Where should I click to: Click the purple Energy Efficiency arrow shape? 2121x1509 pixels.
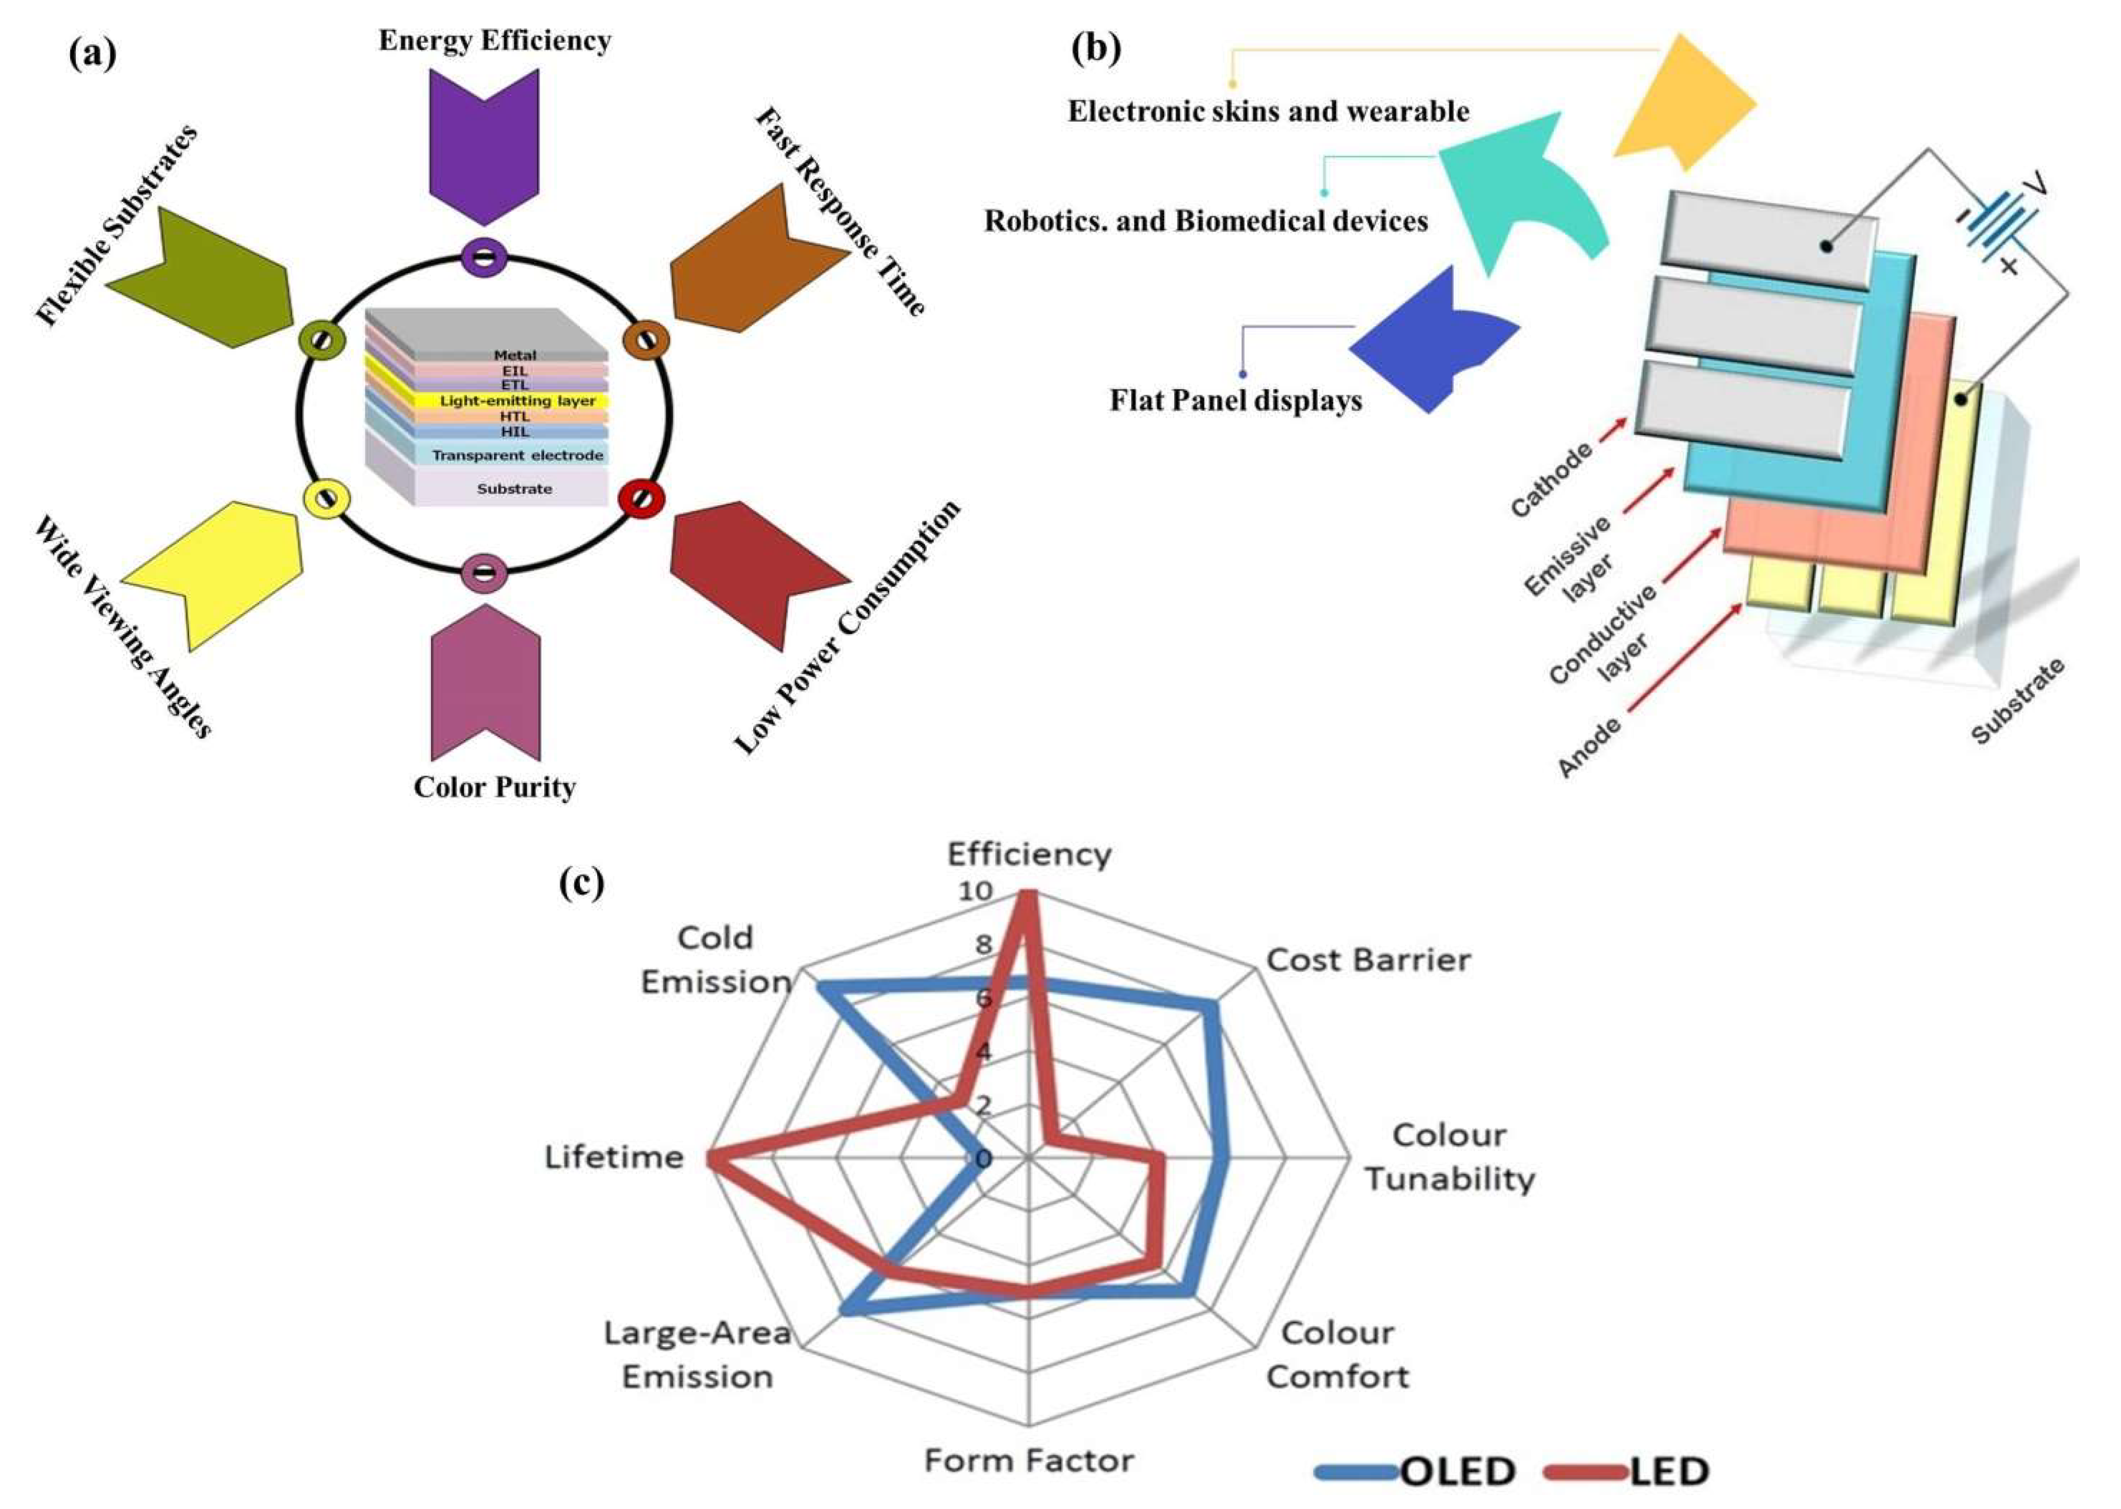[484, 139]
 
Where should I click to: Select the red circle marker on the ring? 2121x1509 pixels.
[641, 499]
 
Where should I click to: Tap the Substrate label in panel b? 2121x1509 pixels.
[2018, 702]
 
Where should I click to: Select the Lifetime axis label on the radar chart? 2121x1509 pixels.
[613, 1158]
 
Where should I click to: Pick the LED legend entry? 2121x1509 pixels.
[1668, 1471]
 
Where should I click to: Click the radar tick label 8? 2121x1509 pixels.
[983, 946]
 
